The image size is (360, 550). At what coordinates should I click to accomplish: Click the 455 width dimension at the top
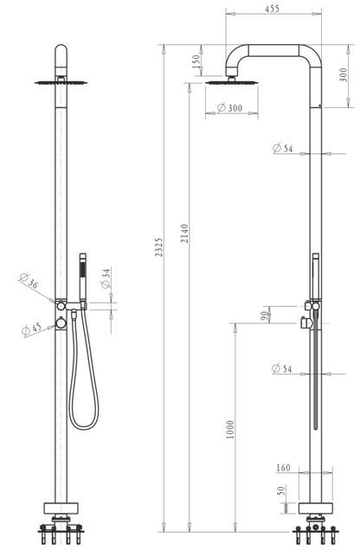pos(272,9)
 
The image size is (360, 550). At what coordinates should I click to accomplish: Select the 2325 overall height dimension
pos(159,247)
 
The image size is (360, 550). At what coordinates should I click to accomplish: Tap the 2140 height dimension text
pos(184,233)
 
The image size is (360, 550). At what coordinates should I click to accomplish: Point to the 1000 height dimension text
pos(230,430)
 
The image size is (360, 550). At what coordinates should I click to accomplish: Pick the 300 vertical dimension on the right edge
pos(344,74)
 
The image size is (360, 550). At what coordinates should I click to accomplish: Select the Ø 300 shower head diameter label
pos(229,108)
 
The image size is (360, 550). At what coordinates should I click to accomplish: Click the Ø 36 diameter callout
pos(29,280)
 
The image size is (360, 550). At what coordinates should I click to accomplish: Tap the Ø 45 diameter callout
pos(31,329)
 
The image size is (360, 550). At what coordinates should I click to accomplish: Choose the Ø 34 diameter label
pos(106,278)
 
